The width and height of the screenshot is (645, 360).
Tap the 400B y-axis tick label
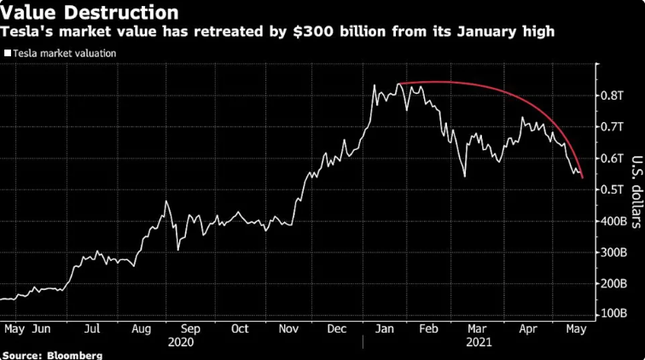(613, 221)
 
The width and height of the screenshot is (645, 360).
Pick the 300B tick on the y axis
(613, 253)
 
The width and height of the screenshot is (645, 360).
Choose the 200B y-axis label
(613, 283)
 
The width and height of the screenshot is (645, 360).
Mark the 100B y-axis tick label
(613, 315)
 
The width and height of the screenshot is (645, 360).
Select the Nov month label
(290, 327)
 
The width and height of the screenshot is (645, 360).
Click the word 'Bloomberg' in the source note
(74, 354)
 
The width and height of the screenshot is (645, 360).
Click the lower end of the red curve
(582, 177)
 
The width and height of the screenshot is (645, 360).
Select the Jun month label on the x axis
(41, 327)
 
